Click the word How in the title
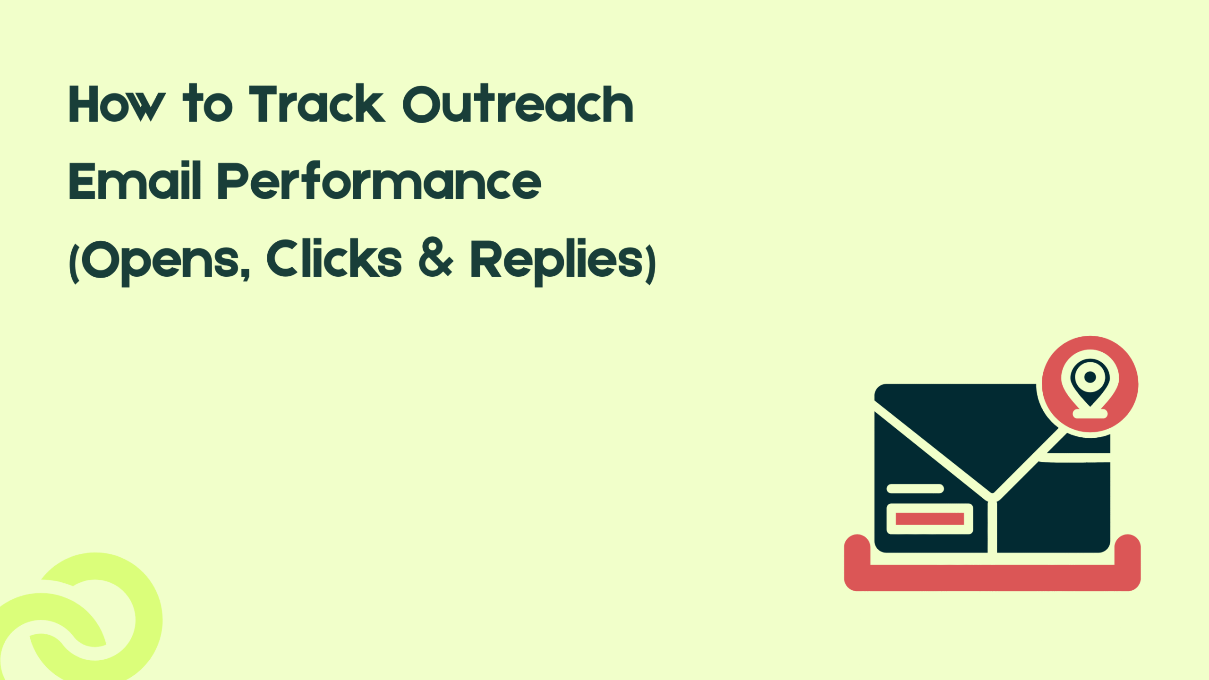click(117, 104)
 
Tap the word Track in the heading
click(317, 104)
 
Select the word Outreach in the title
click(518, 104)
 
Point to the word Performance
click(379, 181)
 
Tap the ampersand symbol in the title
click(435, 259)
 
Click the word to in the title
click(208, 104)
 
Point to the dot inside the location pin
click(1090, 377)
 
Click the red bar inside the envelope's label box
click(929, 518)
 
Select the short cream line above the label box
click(915, 488)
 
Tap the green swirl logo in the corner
click(80, 619)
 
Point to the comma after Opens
click(245, 273)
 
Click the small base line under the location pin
click(1090, 414)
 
